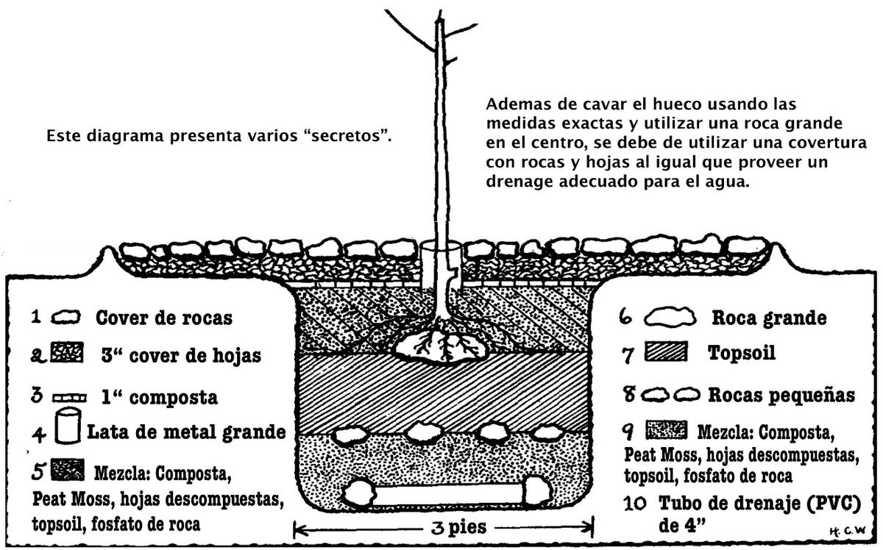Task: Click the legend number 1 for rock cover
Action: point(35,317)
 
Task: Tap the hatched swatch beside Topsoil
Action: point(666,354)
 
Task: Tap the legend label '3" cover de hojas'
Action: point(182,356)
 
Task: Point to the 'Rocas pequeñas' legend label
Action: point(781,395)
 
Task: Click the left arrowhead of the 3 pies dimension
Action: point(297,528)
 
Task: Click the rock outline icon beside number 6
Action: point(670,318)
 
